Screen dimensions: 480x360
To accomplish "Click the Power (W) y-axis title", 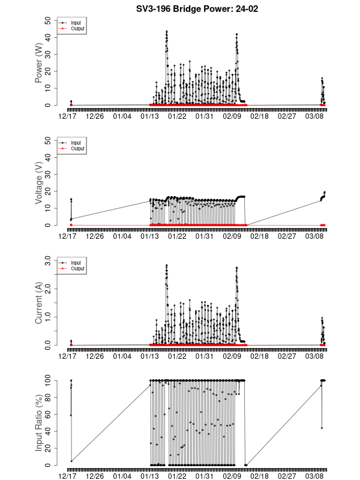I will pyautogui.click(x=39, y=63).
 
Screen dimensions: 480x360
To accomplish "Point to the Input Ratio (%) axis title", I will pyautogui.click(x=39, y=423).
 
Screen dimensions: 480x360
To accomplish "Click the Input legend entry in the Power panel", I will pyautogui.click(x=76, y=23).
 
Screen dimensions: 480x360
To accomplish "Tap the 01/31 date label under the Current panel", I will pyautogui.click(x=205, y=356).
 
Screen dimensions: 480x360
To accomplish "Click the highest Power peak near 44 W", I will pyautogui.click(x=166, y=31).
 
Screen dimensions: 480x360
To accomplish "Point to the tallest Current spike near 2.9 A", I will pyautogui.click(x=166, y=265).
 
